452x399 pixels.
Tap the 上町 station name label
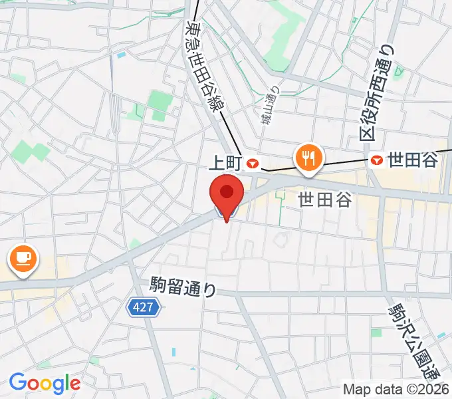tap(227, 162)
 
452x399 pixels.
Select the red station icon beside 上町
tap(252, 162)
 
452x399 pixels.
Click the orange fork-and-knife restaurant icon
tap(308, 158)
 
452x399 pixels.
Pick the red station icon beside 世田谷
tap(377, 160)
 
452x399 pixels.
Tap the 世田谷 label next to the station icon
tap(413, 160)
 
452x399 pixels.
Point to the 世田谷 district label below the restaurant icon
tap(324, 199)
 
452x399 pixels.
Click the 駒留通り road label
tap(183, 288)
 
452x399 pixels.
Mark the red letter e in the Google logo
tap(74, 384)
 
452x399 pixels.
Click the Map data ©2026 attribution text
tap(396, 389)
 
